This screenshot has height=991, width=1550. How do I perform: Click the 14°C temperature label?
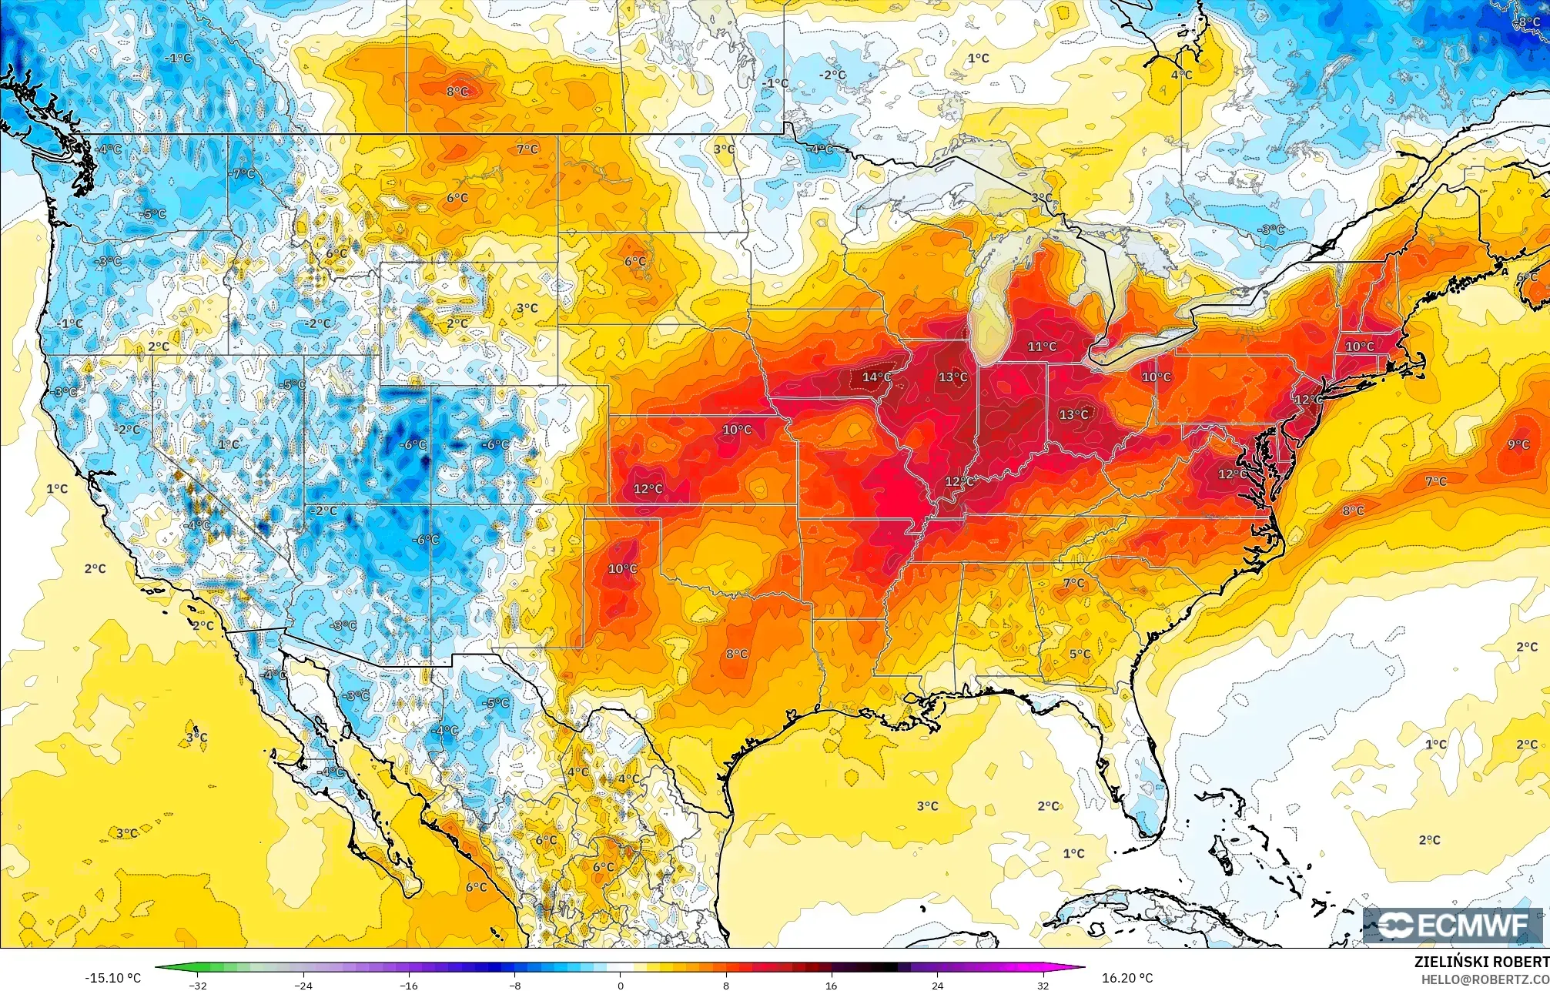coord(876,377)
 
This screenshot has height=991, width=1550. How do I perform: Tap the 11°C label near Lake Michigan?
coord(1042,347)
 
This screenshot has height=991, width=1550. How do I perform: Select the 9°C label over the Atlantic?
coord(1518,444)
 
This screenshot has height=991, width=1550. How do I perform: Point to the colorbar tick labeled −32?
coord(199,985)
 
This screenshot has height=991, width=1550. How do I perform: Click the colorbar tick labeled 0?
coord(620,985)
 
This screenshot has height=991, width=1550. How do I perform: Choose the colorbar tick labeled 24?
coord(937,985)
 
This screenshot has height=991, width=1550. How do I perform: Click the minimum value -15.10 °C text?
coord(112,978)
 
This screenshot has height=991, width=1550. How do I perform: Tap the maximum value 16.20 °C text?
coord(1127,978)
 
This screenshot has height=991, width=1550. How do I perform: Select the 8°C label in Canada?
coord(457,92)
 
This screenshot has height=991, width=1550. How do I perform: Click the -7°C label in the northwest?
coord(243,174)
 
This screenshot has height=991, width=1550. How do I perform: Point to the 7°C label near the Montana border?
coord(527,149)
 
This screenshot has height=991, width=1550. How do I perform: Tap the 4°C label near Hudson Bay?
coord(1181,75)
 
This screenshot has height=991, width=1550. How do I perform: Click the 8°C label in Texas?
coord(736,654)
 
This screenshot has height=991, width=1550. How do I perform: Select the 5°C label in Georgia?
coord(1080,655)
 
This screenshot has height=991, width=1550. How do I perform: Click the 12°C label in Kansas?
coord(648,489)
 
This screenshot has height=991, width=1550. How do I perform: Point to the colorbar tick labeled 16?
coord(832,985)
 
